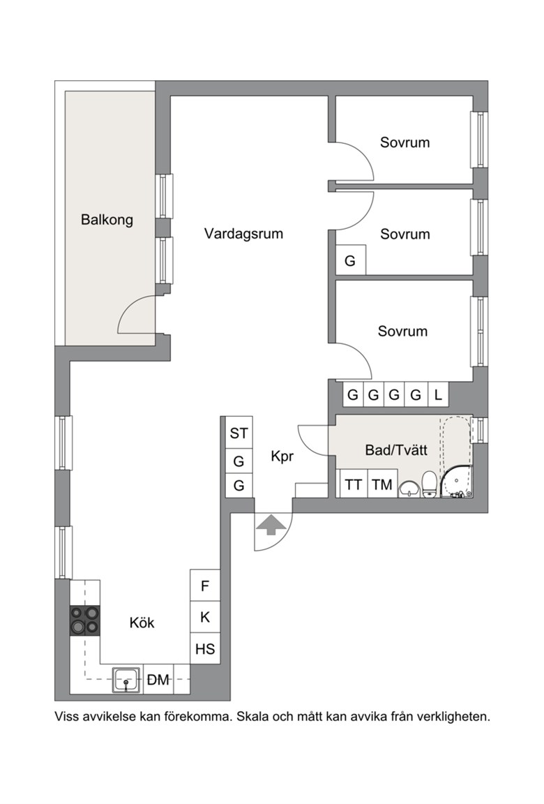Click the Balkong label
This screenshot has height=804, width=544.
[107, 220]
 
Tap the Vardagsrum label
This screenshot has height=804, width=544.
[243, 234]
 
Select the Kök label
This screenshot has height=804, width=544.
[142, 623]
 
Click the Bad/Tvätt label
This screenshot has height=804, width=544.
[396, 450]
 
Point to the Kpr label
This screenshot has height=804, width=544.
[282, 456]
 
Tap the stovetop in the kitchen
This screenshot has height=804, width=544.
[85, 620]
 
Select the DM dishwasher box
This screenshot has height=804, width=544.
[158, 680]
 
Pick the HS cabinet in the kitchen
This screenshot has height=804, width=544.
[205, 648]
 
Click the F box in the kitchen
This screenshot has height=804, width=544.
[205, 585]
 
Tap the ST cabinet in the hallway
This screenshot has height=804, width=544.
[239, 433]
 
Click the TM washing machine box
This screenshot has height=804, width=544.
[382, 484]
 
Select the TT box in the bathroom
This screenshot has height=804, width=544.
[354, 484]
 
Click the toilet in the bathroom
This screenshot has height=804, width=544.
[429, 484]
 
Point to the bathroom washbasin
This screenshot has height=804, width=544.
[408, 489]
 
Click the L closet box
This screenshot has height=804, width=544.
[438, 394]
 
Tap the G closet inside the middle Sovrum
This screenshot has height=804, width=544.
[350, 260]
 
